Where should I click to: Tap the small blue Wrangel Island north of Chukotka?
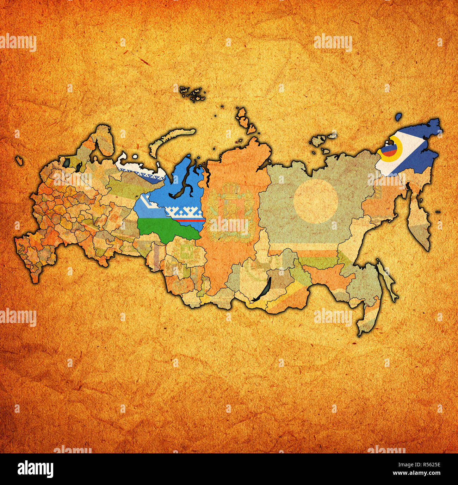click(x=399, y=116)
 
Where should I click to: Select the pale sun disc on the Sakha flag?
click(x=316, y=201)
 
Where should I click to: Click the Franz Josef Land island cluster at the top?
click(x=192, y=94)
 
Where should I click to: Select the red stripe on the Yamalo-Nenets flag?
click(x=190, y=219)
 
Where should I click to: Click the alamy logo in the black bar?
click(x=35, y=469)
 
